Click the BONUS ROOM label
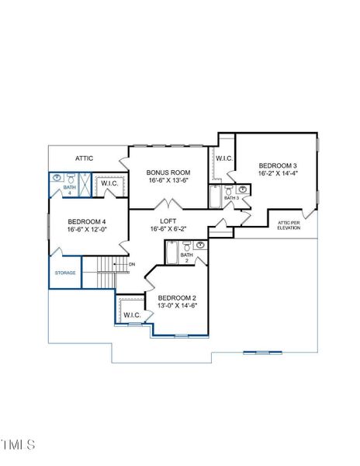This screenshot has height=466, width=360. (168, 172)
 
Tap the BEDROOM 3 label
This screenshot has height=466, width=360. (278, 165)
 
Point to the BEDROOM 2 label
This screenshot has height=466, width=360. (177, 297)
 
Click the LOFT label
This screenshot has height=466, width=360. (168, 221)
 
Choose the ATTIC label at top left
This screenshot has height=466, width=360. (85, 158)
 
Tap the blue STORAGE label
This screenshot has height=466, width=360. (65, 273)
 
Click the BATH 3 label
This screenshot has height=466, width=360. (231, 198)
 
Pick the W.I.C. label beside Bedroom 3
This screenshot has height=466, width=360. (224, 158)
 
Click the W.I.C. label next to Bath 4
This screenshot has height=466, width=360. (109, 183)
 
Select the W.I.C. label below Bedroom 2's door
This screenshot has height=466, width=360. (131, 315)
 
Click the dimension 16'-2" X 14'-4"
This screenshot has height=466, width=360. (278, 174)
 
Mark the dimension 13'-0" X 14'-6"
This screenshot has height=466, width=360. (177, 306)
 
